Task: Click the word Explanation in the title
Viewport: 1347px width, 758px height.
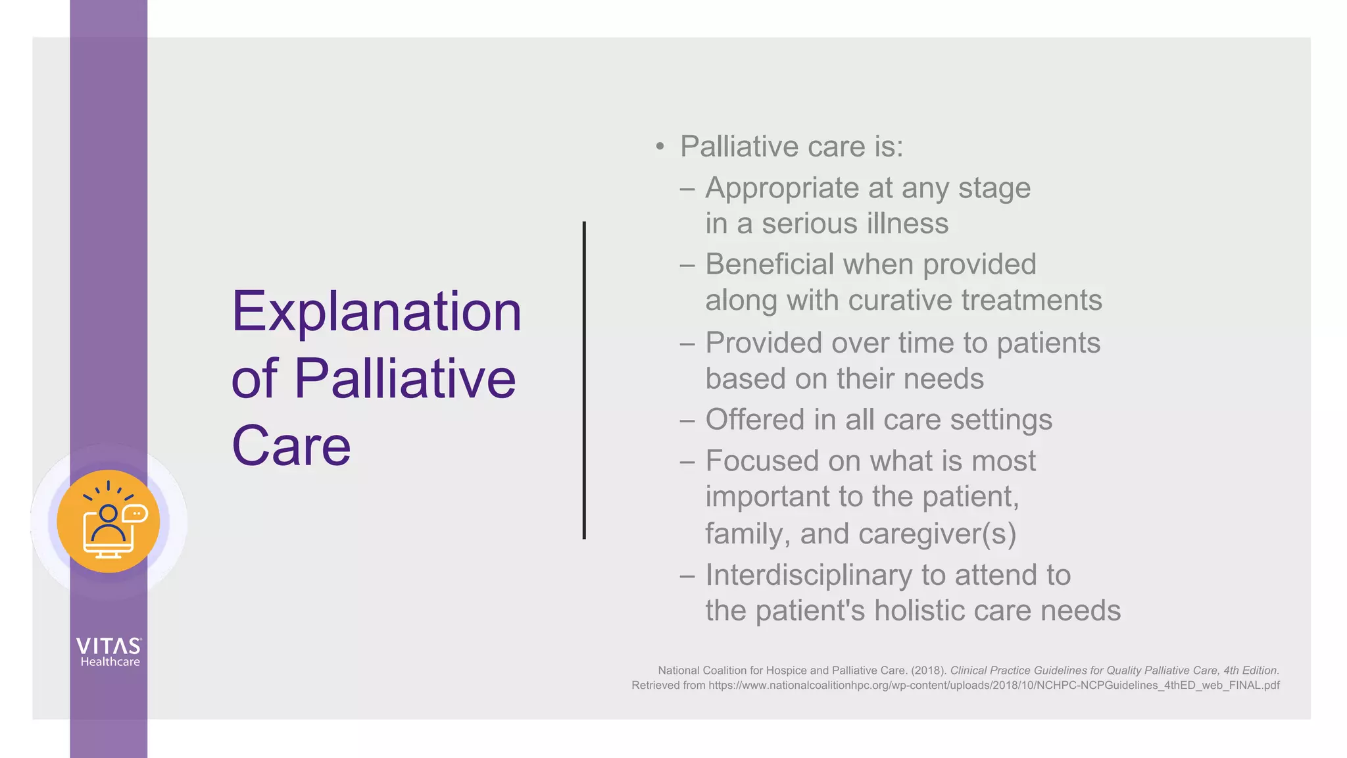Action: (x=376, y=312)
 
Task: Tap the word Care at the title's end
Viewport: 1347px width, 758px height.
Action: (x=291, y=446)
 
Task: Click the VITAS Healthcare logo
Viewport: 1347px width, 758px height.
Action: (x=109, y=652)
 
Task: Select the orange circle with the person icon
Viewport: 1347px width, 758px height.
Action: (x=108, y=521)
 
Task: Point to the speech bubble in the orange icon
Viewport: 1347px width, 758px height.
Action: (x=135, y=513)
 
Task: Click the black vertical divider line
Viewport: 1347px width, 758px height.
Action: (x=584, y=380)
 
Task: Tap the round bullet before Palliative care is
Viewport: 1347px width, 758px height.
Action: (x=660, y=146)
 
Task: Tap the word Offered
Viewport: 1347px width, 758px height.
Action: (x=754, y=420)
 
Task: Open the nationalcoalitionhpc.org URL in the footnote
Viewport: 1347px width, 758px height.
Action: (x=993, y=686)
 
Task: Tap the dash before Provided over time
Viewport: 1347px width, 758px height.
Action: (x=687, y=343)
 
